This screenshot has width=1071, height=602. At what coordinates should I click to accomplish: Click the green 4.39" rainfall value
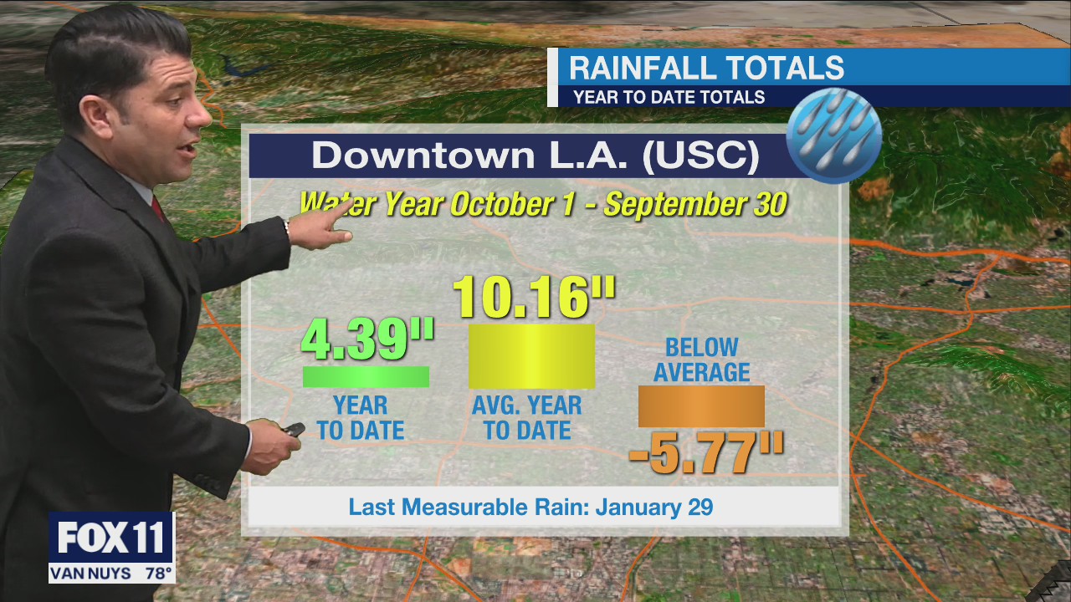tap(366, 339)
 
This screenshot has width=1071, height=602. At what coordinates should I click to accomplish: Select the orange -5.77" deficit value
tap(705, 454)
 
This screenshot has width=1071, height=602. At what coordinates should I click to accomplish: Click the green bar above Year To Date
tap(366, 377)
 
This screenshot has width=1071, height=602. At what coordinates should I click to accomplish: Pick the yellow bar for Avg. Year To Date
tap(531, 356)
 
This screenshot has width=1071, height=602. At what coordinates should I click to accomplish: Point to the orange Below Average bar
tap(701, 406)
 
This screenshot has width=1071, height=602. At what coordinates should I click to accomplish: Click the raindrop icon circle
tap(834, 135)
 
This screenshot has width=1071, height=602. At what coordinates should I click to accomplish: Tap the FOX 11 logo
tap(111, 538)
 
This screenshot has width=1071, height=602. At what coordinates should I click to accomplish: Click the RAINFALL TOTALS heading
tap(706, 68)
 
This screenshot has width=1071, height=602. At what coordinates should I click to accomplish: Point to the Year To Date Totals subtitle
tap(669, 97)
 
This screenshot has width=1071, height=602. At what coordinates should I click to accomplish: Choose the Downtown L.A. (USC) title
tap(535, 156)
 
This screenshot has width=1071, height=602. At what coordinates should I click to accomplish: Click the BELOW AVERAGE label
tap(701, 360)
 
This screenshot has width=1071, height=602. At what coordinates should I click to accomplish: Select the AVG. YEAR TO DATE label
tap(527, 418)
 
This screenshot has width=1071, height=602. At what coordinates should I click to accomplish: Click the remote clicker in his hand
tap(293, 430)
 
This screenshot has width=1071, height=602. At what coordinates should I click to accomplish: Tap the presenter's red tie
tap(158, 208)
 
